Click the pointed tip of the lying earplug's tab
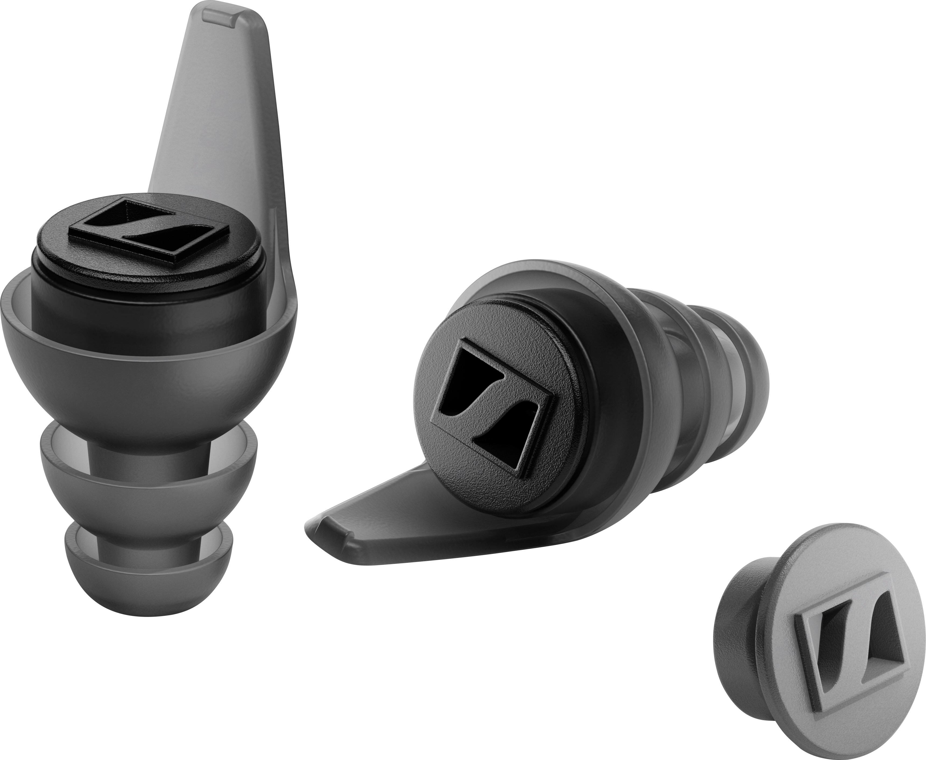313,523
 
